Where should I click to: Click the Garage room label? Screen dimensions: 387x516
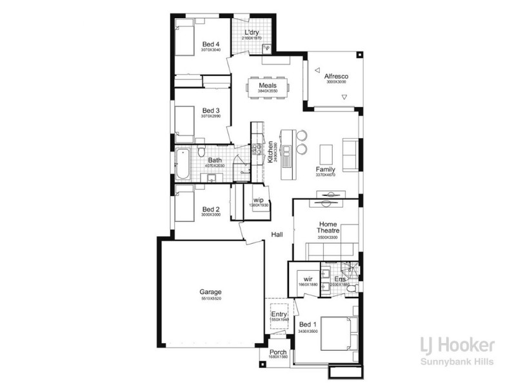[x=211, y=292]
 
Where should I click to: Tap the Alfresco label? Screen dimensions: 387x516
[x=336, y=75]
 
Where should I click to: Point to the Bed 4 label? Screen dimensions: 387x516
[x=211, y=44]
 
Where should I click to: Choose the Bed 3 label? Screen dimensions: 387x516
[x=211, y=110]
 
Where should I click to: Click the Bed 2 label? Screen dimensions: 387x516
[x=211, y=209]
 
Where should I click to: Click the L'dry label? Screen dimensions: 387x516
[x=252, y=33]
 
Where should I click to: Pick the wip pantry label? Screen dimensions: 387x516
[x=258, y=200]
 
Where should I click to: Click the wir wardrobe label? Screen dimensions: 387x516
[x=308, y=279]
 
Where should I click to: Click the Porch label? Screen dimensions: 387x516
[x=278, y=352]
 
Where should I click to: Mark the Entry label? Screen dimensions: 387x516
[x=279, y=314]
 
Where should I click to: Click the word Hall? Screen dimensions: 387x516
[x=277, y=235]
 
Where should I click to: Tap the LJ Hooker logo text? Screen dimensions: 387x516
[x=457, y=345]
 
